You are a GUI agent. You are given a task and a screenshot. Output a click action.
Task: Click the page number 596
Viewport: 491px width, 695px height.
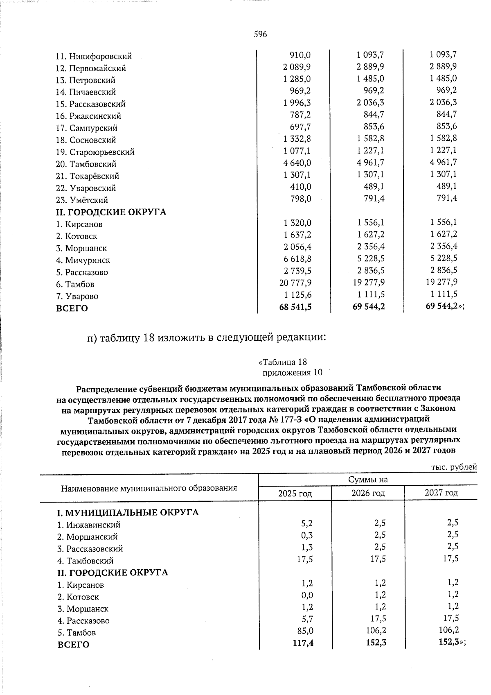(260, 34)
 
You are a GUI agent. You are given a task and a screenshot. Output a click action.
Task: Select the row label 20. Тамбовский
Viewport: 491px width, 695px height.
(92, 164)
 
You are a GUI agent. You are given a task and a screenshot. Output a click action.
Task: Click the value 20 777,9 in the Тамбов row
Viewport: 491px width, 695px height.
(295, 282)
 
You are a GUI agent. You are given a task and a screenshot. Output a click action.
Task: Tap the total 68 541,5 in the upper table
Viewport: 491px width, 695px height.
(295, 306)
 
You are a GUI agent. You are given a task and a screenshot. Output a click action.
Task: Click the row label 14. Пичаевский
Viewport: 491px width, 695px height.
(92, 92)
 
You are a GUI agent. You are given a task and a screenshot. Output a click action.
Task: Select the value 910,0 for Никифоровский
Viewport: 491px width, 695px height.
(300, 54)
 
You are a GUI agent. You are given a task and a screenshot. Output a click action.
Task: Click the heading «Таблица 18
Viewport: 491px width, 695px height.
(283, 362)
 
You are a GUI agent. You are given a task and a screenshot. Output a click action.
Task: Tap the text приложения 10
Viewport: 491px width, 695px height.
(292, 373)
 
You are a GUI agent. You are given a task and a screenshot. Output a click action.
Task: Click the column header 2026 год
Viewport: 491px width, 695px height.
(368, 493)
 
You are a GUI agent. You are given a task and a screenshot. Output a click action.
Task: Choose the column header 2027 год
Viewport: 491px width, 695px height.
(441, 493)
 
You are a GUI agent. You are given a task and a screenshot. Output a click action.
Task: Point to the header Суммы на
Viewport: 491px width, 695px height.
(368, 480)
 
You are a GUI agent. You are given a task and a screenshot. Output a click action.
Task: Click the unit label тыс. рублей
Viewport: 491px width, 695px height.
(454, 467)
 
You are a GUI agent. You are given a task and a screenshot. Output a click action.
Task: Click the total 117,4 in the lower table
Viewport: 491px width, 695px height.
(303, 643)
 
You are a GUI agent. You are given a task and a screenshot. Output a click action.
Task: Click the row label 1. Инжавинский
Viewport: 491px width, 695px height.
(89, 525)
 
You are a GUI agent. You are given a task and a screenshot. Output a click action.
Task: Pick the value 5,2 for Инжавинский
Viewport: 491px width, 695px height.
(307, 523)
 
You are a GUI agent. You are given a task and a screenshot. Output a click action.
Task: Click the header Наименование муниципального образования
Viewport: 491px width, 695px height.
(149, 488)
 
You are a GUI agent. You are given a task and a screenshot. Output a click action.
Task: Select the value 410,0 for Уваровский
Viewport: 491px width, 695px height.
(300, 187)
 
